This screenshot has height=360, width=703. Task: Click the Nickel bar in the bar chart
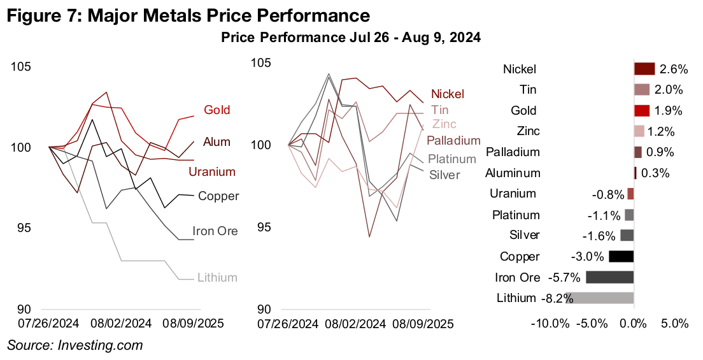[x=644, y=69]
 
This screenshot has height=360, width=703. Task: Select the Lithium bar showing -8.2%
[x=599, y=298]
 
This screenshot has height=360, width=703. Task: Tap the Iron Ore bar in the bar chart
[x=609, y=277]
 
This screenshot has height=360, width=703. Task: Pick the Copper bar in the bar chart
[x=621, y=256]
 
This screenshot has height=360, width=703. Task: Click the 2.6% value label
[x=672, y=69]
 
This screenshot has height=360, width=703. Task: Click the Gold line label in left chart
[x=217, y=110]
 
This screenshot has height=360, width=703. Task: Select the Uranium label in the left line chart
[x=212, y=172]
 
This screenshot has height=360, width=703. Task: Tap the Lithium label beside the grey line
[x=217, y=277]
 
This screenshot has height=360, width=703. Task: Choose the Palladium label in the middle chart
[x=453, y=140]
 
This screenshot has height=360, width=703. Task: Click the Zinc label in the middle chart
[x=444, y=124]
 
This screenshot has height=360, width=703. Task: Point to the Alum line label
[x=217, y=141]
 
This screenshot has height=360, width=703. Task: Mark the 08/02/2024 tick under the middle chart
[x=355, y=324]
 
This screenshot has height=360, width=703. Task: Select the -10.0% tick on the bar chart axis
[x=550, y=324]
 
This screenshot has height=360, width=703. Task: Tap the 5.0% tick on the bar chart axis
[x=675, y=324]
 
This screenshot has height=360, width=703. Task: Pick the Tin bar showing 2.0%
[x=642, y=89]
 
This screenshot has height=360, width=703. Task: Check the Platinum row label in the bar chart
[x=516, y=215]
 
